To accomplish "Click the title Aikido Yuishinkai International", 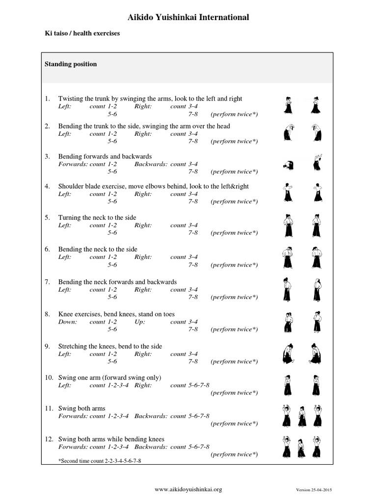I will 188,18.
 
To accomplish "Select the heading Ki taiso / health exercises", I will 82,34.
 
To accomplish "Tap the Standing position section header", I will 71,64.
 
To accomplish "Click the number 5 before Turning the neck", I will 47,217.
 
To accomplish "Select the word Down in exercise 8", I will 67,322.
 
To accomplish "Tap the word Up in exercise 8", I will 139,322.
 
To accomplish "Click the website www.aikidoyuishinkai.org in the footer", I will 188,489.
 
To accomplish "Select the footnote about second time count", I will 103,461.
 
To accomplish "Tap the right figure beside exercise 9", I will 316,353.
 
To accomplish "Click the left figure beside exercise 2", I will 288,133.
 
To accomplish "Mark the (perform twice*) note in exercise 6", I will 234,265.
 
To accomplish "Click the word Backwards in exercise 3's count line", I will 150,164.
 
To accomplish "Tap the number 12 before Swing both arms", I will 49,439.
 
